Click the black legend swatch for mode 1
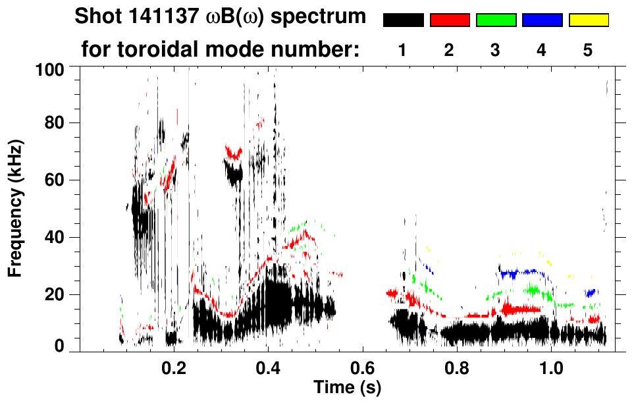[x=403, y=20]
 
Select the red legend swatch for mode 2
[x=450, y=20]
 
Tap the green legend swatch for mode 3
[x=496, y=20]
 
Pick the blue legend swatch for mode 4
[x=542, y=20]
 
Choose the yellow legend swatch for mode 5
[x=589, y=20]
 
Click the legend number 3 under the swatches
[x=496, y=50]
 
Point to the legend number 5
[x=589, y=50]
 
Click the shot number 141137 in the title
[x=159, y=16]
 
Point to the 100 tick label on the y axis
[x=51, y=68]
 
